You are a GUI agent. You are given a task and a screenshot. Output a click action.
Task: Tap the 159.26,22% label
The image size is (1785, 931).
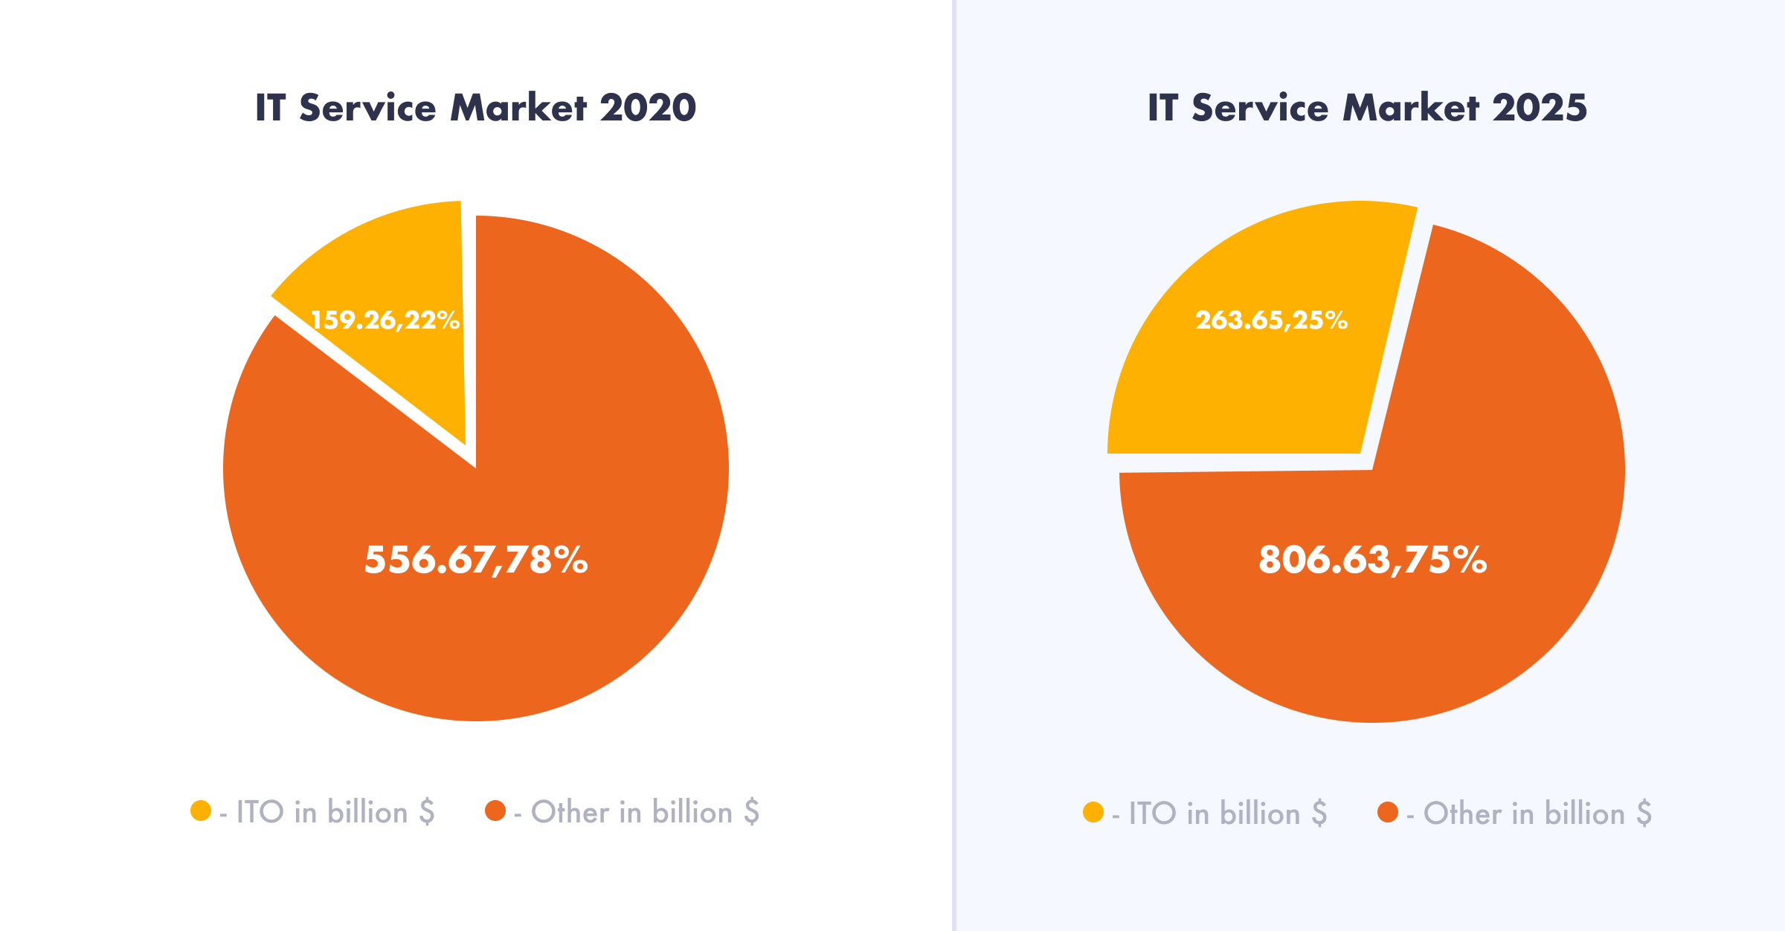point(385,320)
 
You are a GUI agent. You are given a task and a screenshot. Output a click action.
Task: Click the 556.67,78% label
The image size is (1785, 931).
point(476,560)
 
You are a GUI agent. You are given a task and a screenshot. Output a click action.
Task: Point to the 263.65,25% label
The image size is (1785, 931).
point(1272,320)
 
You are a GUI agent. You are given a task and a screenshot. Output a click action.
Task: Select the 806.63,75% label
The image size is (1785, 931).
point(1372,560)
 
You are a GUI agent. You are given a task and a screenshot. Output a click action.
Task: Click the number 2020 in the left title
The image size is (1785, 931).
point(648,108)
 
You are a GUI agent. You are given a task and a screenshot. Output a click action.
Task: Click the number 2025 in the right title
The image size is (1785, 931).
point(1540,108)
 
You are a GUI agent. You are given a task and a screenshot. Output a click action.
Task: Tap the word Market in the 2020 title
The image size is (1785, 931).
point(518,108)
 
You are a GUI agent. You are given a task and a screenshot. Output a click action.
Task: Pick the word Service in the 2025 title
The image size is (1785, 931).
point(1260,108)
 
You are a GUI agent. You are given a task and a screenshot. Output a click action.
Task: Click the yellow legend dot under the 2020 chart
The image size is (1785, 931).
point(201,811)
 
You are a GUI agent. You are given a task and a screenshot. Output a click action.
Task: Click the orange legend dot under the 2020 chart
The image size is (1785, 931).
point(495,811)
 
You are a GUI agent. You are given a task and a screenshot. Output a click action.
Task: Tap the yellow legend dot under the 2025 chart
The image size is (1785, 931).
point(1093,812)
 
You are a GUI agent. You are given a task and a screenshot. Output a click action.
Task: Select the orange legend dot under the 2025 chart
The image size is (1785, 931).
point(1388,812)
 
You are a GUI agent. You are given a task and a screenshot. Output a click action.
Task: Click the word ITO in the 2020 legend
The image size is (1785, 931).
point(260,812)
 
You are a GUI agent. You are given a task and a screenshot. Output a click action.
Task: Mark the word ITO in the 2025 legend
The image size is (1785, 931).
point(1152,814)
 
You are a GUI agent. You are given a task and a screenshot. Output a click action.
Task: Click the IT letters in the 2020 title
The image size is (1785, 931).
point(271,108)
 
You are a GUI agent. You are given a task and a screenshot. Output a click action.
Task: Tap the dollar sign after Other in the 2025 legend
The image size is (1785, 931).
point(1644,814)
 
